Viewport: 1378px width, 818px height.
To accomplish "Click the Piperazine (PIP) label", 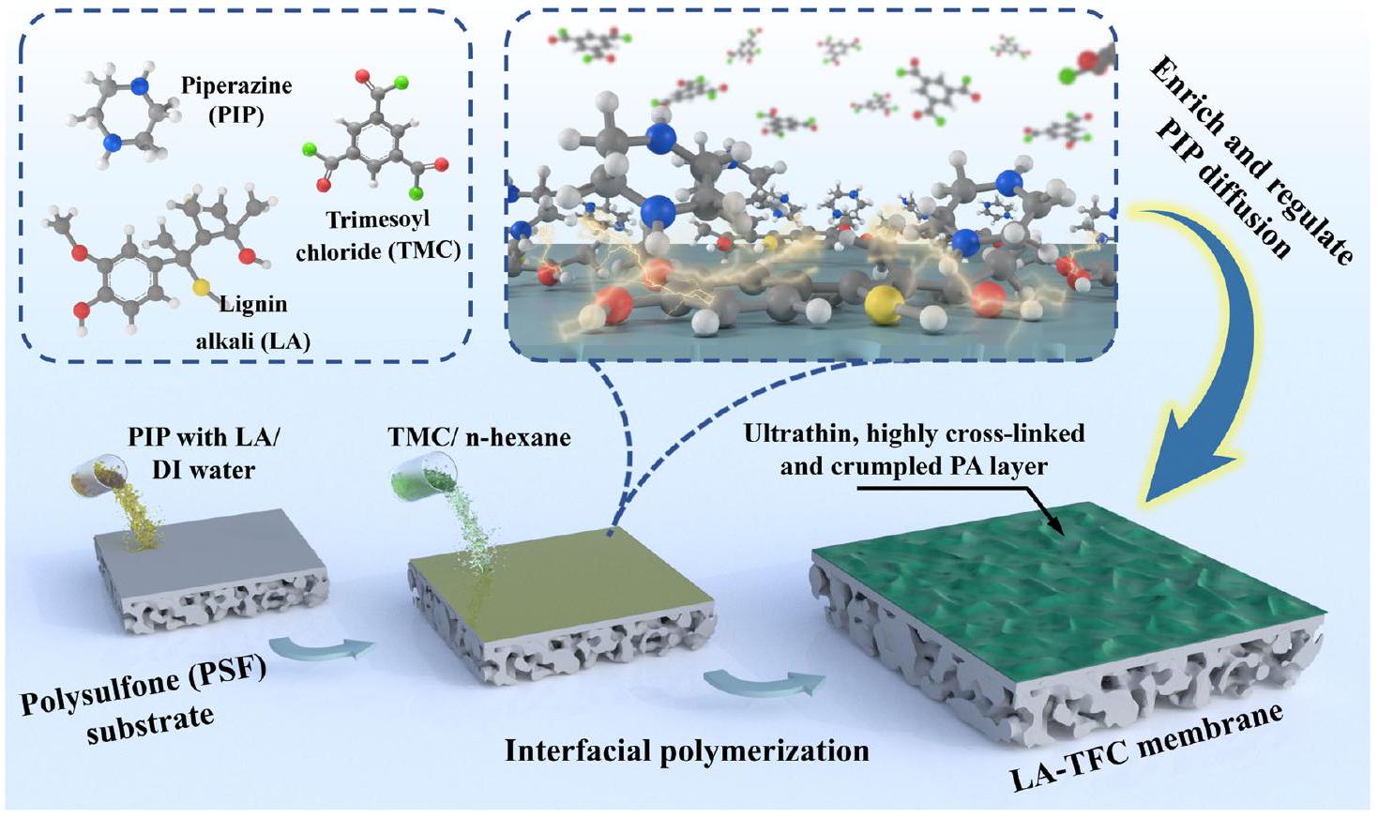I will pyautogui.click(x=235, y=98).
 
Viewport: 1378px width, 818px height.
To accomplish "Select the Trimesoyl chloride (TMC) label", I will pyautogui.click(x=377, y=235).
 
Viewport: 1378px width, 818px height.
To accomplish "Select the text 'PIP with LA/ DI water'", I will pyautogui.click(x=204, y=452).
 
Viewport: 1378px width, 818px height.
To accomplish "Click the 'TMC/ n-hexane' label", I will pyautogui.click(x=478, y=436).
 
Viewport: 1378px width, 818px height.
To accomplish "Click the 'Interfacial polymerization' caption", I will pyautogui.click(x=687, y=750).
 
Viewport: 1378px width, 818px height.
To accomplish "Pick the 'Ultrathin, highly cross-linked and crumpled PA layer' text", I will pyautogui.click(x=914, y=448).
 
